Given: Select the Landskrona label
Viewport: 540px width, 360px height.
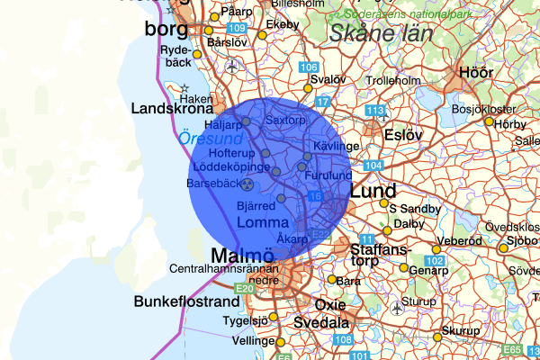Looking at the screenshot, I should [173, 109].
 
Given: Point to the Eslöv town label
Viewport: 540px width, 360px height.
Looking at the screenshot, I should [402, 135].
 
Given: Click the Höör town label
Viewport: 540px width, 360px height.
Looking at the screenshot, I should [476, 72].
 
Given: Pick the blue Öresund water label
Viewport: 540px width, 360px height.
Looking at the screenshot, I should [210, 139].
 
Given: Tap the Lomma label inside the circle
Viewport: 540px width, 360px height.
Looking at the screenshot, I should [262, 222].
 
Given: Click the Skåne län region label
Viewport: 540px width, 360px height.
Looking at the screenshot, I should [381, 34].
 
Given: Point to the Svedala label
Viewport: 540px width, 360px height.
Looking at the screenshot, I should [321, 321].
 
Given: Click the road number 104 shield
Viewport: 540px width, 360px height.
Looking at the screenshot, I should [374, 166].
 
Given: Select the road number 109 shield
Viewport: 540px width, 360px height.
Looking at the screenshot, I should [238, 29].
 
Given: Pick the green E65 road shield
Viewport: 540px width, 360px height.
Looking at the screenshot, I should [512, 349].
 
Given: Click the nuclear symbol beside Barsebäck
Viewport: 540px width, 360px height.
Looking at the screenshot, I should [247, 183].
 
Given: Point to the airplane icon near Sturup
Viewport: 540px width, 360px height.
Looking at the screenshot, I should [397, 307].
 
